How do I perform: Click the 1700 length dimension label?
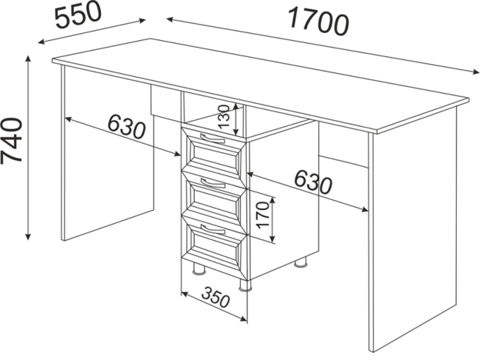click(x=318, y=22)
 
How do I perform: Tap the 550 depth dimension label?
click(x=78, y=15)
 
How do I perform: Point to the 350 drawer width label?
click(x=215, y=297)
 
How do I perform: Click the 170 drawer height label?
click(x=263, y=215)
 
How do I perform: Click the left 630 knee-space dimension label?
click(x=126, y=126)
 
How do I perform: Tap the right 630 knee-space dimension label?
click(x=313, y=182)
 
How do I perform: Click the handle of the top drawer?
click(x=212, y=138)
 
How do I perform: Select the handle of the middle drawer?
click(x=213, y=183)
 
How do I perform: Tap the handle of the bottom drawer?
click(x=213, y=228)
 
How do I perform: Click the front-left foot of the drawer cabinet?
click(x=198, y=269)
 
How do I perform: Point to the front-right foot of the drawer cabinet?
click(x=245, y=285)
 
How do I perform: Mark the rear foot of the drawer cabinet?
click(x=300, y=262)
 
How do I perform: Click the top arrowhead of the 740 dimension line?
click(x=28, y=59)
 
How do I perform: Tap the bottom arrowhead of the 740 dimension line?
click(x=28, y=236)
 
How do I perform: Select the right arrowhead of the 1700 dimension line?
click(x=475, y=72)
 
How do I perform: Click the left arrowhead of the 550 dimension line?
click(x=42, y=42)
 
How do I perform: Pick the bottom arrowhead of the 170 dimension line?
click(x=272, y=239)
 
